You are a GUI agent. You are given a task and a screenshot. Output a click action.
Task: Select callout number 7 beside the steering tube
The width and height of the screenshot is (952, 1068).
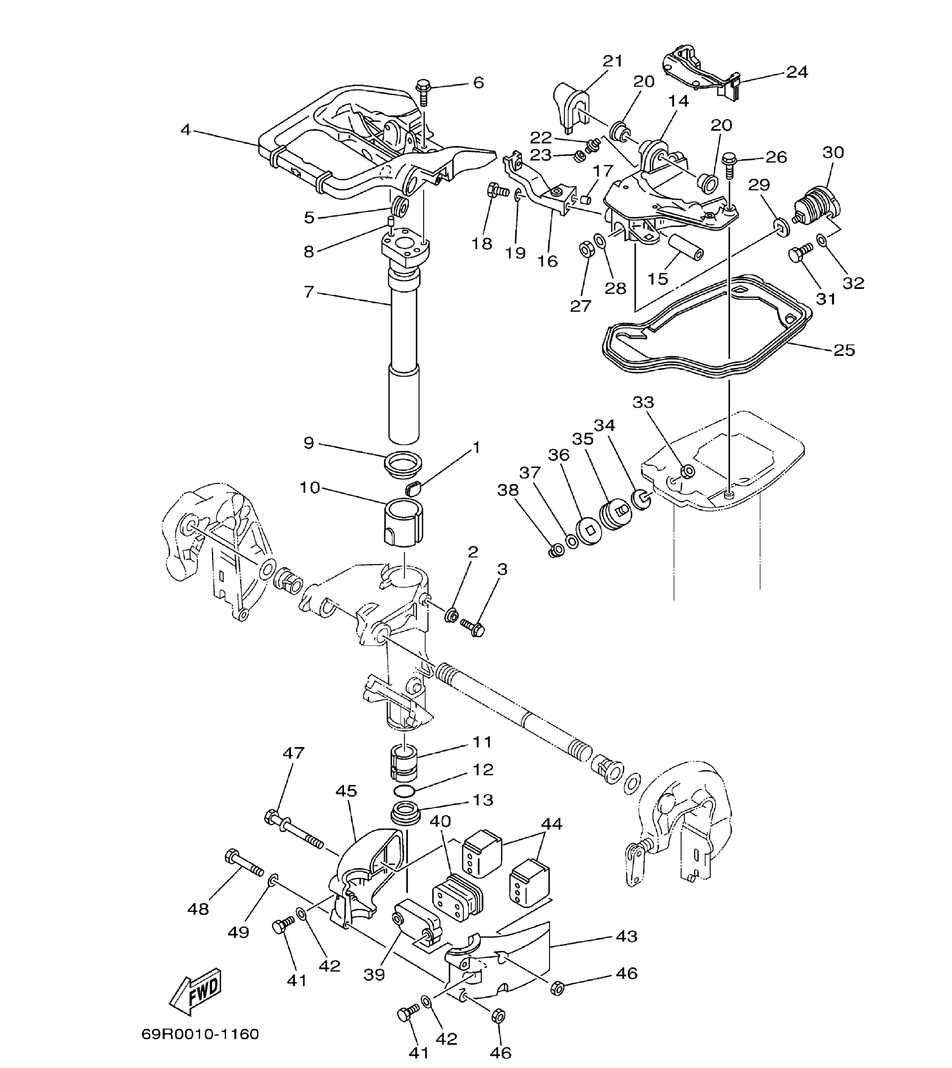tap(309, 292)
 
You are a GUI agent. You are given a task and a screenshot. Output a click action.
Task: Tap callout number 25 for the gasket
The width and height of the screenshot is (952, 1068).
tap(844, 350)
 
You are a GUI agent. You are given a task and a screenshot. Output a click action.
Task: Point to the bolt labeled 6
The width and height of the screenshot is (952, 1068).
tap(424, 92)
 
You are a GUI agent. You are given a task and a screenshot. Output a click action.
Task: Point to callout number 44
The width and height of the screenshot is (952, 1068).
tap(551, 839)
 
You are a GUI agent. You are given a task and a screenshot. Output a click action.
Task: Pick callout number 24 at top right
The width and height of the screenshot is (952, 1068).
tap(797, 72)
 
